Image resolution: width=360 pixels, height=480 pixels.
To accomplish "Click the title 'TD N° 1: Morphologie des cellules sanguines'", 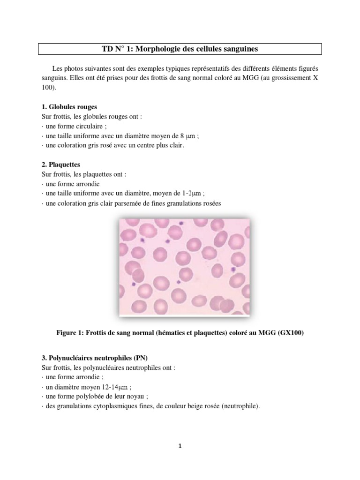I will coord(180,49).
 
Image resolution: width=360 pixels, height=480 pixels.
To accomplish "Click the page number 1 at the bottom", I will coord(180,446).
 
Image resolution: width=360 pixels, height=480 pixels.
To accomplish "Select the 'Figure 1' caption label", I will coord(70,333).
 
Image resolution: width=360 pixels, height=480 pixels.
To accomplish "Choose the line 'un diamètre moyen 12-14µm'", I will coord(86,387).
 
